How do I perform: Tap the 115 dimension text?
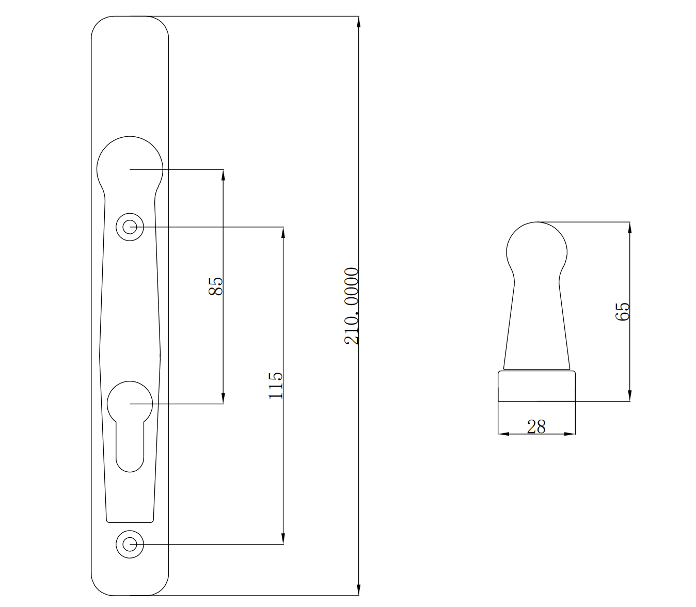pyautogui.click(x=276, y=385)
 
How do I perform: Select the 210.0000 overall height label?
pyautogui.click(x=352, y=306)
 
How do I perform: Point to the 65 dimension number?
pyautogui.click(x=623, y=311)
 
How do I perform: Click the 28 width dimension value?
pyautogui.click(x=536, y=427)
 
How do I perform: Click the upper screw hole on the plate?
pyautogui.click(x=130, y=227)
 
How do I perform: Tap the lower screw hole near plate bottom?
pyautogui.click(x=130, y=544)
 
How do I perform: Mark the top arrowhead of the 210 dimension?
pyautogui.click(x=358, y=22)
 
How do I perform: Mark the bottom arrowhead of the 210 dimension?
pyautogui.click(x=358, y=589)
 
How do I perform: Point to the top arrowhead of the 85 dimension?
pyautogui.click(x=223, y=174)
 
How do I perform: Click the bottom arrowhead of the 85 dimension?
pyautogui.click(x=223, y=398)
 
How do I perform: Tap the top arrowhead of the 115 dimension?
pyautogui.click(x=283, y=233)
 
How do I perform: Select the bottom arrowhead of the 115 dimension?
pyautogui.click(x=283, y=538)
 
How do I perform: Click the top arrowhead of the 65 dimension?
pyautogui.click(x=629, y=228)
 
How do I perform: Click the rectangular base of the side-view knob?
pyautogui.click(x=536, y=386)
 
